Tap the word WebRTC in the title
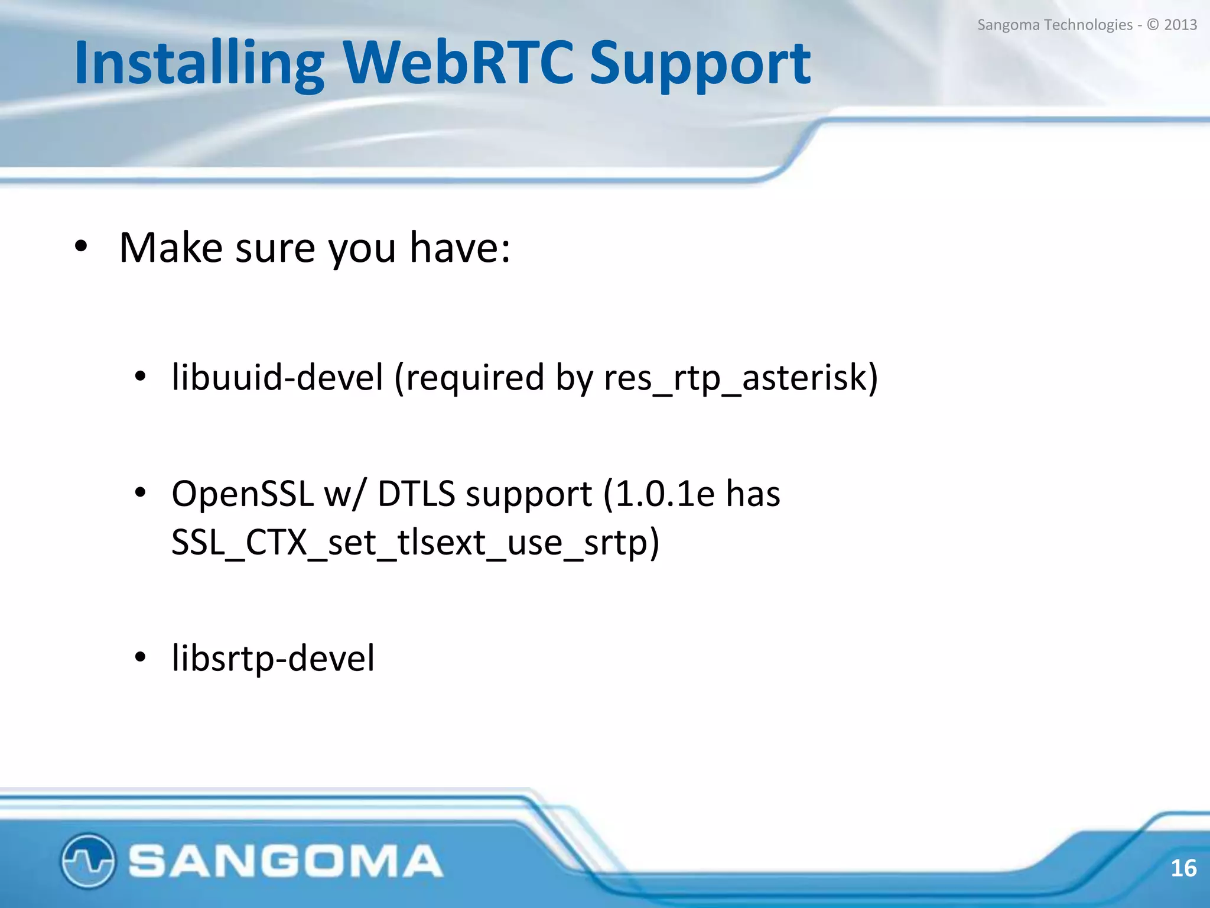(458, 63)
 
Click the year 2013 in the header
(1180, 25)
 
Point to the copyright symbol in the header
(1153, 25)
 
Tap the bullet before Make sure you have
(81, 247)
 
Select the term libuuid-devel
(277, 377)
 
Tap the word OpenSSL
(242, 494)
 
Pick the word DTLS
(416, 494)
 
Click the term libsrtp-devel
(272, 658)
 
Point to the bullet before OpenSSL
(140, 492)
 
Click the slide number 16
(1183, 868)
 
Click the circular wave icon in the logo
(87, 861)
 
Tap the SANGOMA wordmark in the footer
(285, 861)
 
